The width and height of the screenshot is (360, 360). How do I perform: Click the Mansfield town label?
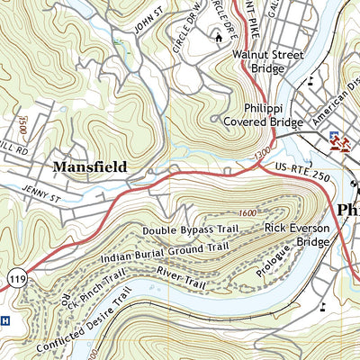[89, 166]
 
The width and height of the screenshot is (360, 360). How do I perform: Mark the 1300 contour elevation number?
[261, 157]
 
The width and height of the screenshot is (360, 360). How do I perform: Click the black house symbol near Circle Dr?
[217, 36]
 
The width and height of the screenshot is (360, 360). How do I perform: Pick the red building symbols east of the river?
[339, 143]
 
